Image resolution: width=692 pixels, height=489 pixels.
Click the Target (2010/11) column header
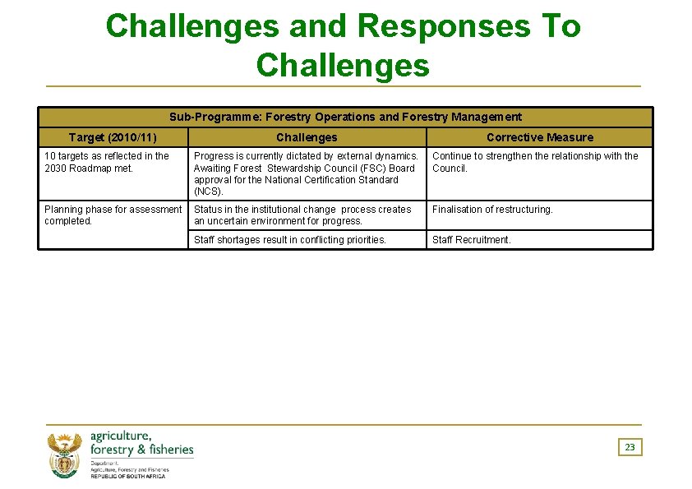click(x=113, y=137)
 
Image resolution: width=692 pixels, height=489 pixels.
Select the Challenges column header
click(x=307, y=137)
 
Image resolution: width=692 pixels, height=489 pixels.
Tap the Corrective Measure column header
click(x=539, y=137)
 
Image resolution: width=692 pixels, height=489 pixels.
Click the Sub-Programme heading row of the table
click(x=345, y=117)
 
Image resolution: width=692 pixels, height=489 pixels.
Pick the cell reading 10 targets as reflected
click(x=107, y=162)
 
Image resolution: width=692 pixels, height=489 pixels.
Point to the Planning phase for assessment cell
click(x=113, y=215)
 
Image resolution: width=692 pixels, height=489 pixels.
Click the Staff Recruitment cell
click(x=472, y=240)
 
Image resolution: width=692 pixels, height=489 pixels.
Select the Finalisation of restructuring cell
click(x=493, y=210)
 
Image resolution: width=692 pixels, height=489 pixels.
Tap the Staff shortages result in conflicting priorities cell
click(x=290, y=240)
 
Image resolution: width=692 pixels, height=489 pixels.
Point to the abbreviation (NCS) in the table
click(x=208, y=191)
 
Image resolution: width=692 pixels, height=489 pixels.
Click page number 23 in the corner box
click(x=630, y=447)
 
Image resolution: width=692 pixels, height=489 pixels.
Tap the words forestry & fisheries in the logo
click(x=141, y=450)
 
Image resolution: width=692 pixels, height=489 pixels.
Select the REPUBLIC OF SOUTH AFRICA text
click(x=127, y=477)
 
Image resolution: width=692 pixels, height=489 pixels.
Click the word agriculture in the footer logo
click(x=121, y=436)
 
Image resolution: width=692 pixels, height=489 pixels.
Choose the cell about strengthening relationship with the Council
click(x=535, y=162)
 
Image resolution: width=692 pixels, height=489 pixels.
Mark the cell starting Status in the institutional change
click(x=302, y=215)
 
